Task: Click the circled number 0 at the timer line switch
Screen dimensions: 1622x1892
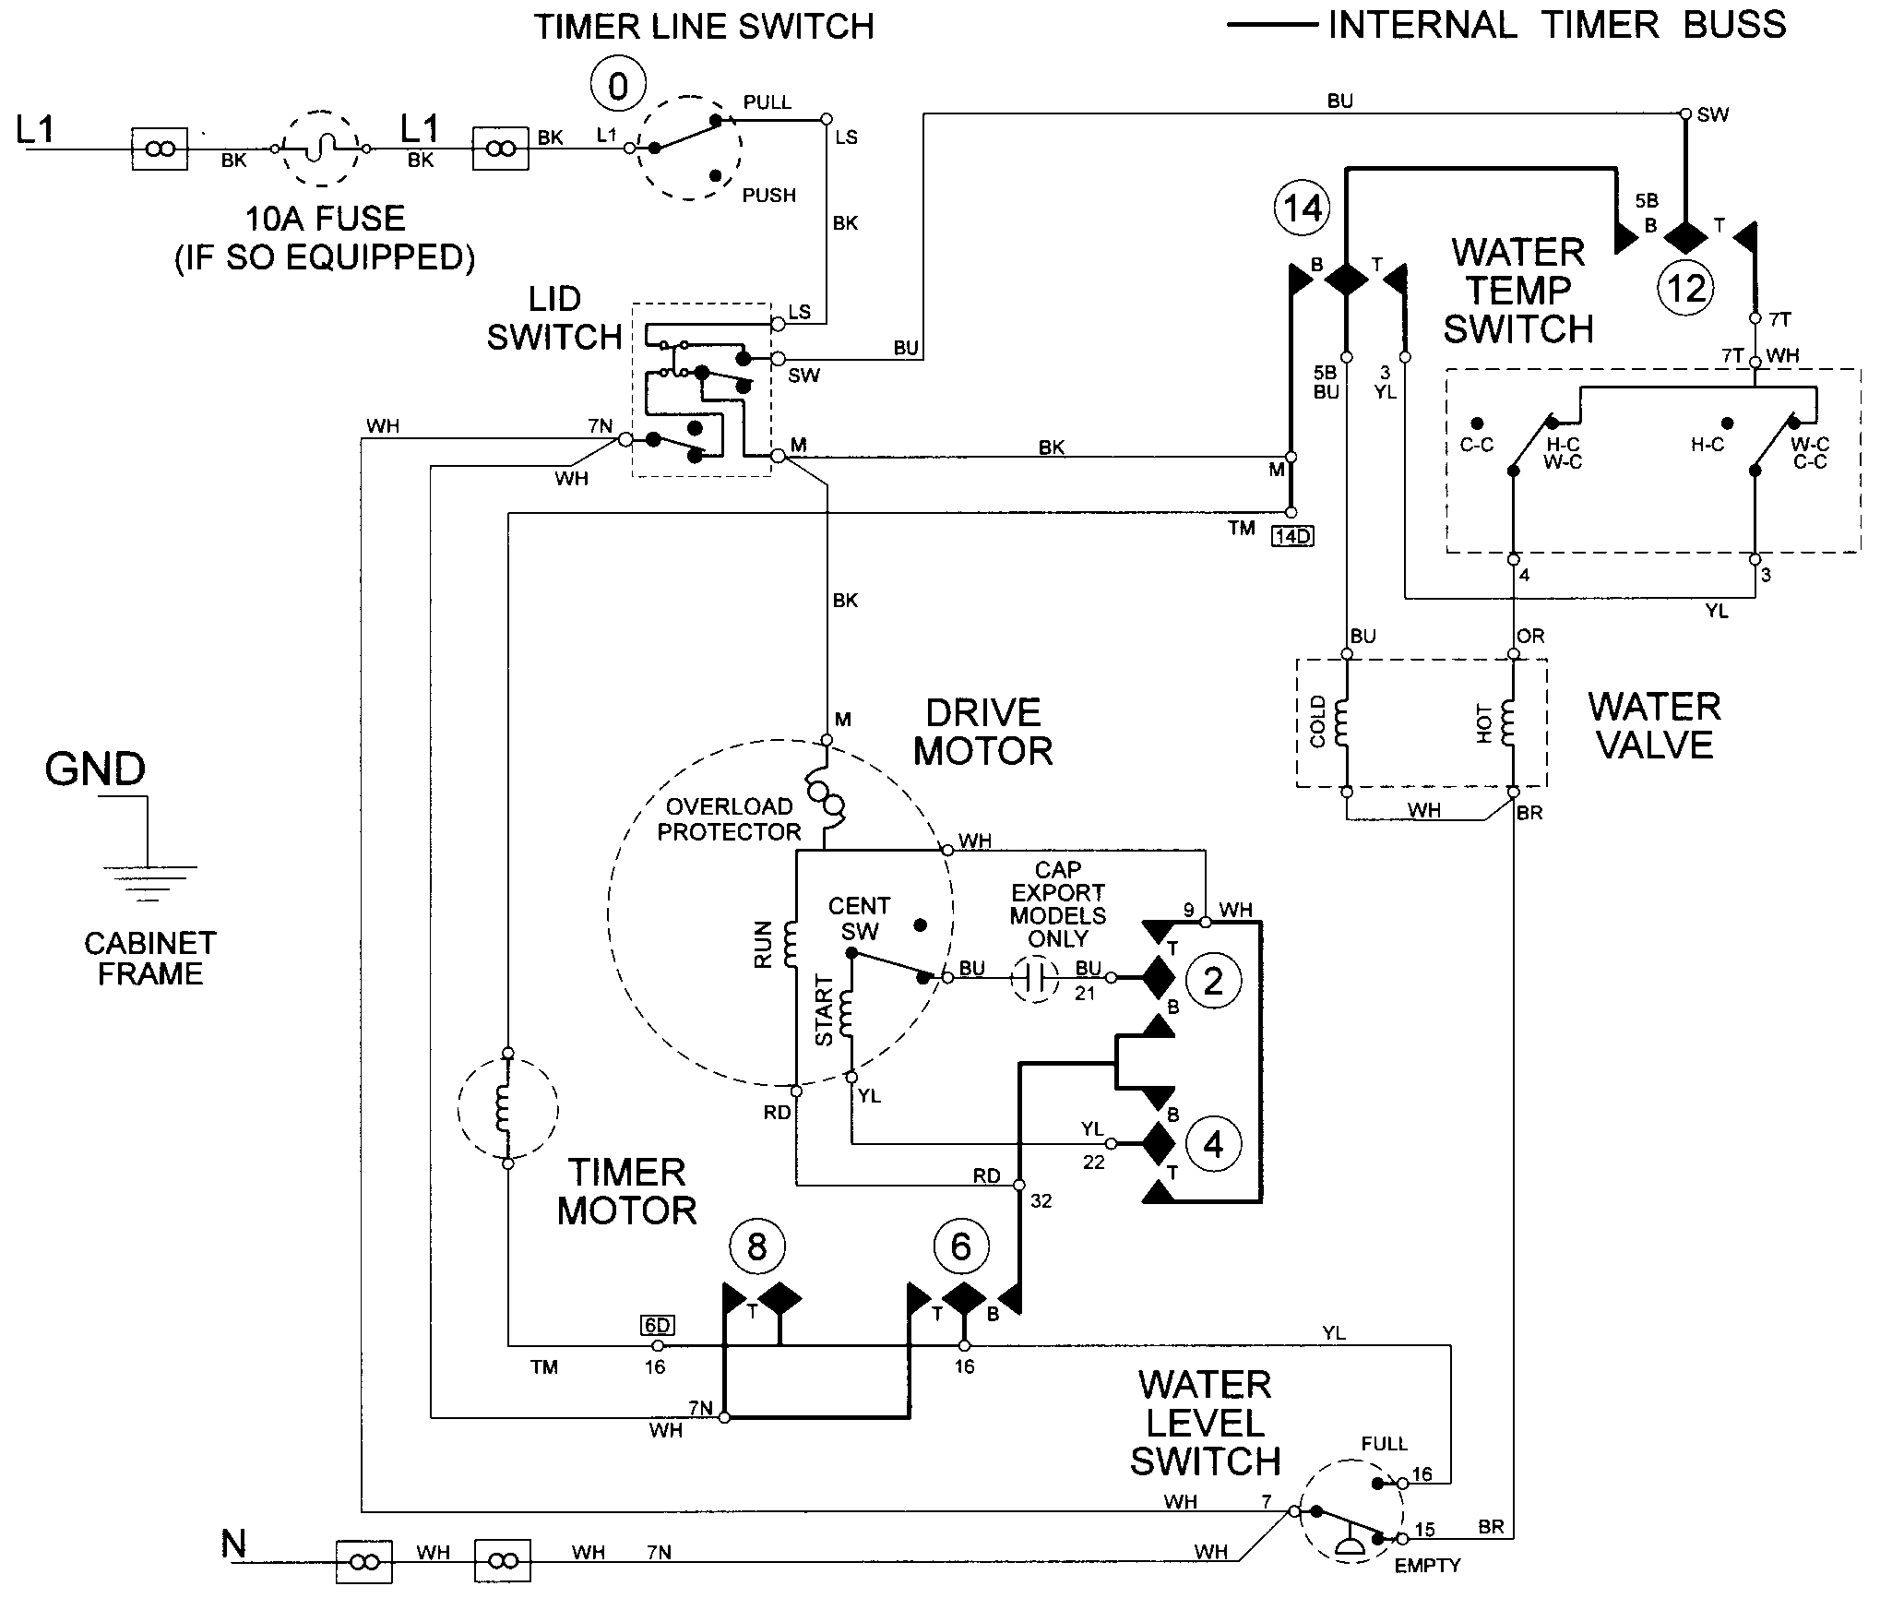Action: (x=618, y=87)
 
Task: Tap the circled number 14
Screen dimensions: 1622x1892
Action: (x=1303, y=209)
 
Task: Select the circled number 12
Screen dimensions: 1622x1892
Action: (x=1686, y=289)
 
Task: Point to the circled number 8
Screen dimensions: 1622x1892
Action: (x=756, y=1247)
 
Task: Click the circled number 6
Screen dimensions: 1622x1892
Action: (x=960, y=1247)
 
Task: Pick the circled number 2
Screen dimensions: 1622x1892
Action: (x=1213, y=980)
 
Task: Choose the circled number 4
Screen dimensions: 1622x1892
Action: (x=1213, y=1144)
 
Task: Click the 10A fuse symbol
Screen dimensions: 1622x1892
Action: (x=319, y=148)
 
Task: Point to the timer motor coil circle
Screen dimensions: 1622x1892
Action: (x=507, y=1108)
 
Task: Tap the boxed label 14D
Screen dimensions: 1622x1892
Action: (x=1291, y=536)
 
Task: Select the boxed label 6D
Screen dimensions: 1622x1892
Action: (x=657, y=1325)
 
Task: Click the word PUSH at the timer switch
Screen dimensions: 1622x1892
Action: (x=768, y=196)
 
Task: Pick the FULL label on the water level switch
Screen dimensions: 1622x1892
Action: (x=1384, y=1444)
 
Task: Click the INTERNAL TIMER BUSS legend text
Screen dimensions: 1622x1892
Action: (x=1556, y=25)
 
